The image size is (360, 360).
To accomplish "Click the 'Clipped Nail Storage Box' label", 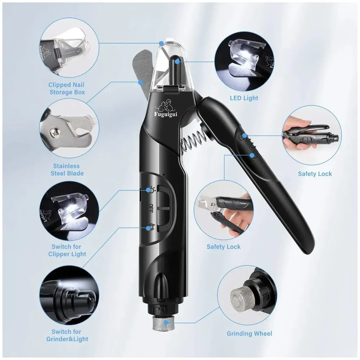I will point(67,89).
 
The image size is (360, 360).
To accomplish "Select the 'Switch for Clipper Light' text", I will point(67,250).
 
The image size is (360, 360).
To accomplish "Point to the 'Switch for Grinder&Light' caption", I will point(67,335).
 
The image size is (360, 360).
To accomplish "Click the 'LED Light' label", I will point(244,98).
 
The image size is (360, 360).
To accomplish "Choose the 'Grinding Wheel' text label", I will point(249,334).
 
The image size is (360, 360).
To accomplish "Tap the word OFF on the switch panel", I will point(151,208).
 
